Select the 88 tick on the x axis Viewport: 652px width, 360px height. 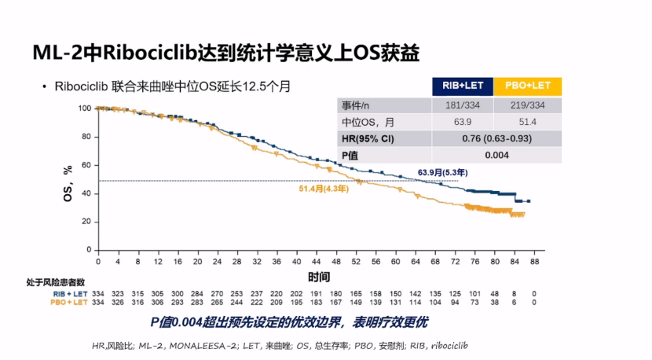[534, 261]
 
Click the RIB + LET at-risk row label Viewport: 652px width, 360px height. [68, 294]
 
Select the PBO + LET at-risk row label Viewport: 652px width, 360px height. [68, 302]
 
